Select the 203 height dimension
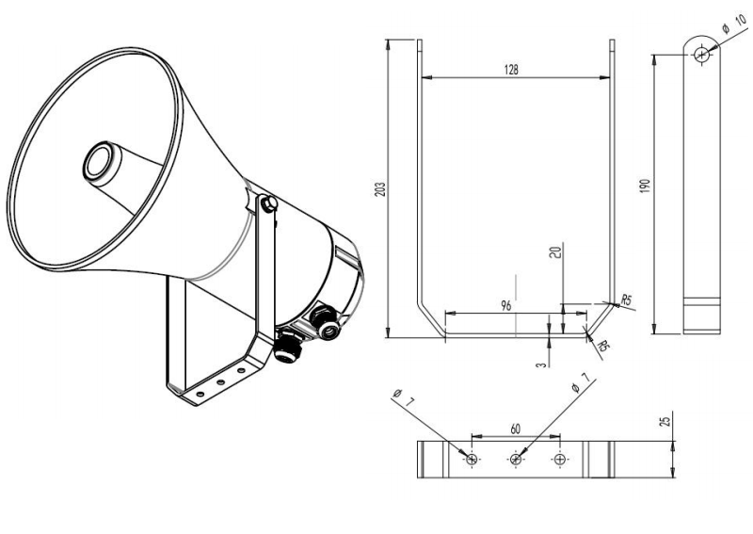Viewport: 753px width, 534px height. [x=380, y=188]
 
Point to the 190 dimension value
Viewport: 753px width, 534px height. [x=645, y=187]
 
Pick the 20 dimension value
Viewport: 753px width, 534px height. [x=556, y=252]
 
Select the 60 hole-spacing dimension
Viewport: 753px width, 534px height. [x=516, y=428]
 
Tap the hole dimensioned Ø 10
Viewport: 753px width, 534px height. [x=701, y=55]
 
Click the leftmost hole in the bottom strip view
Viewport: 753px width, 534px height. [x=471, y=460]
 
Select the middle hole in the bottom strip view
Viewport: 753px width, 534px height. [x=516, y=460]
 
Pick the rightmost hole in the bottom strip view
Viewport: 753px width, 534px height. [x=561, y=460]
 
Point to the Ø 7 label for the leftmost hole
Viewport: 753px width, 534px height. [x=403, y=396]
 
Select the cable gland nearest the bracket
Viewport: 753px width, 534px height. [x=287, y=348]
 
